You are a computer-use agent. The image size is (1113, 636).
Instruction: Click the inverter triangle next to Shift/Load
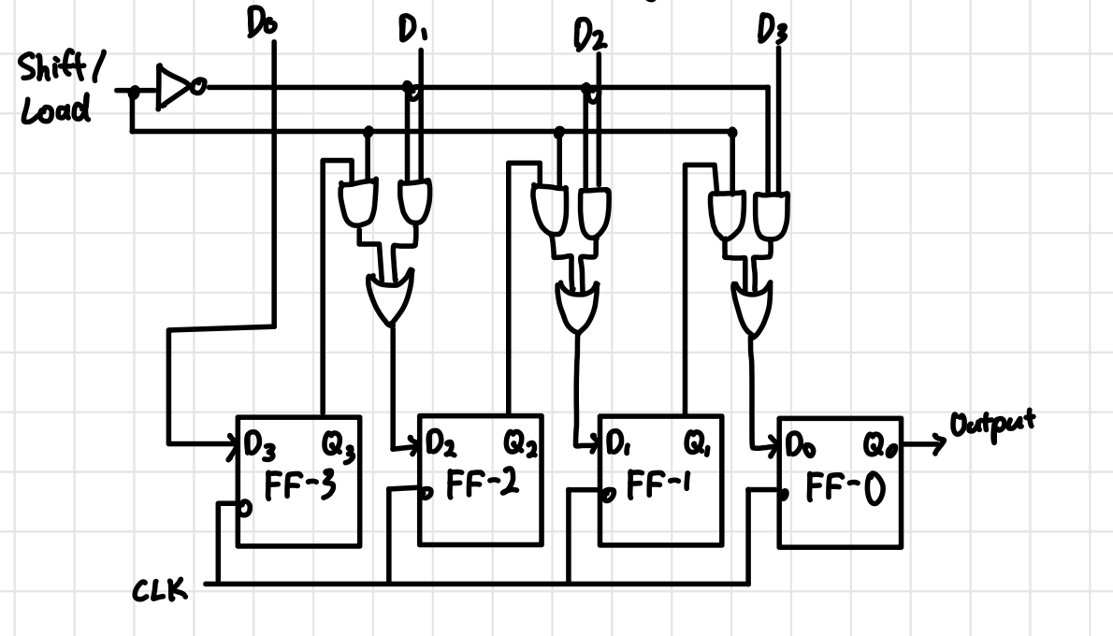[x=173, y=88]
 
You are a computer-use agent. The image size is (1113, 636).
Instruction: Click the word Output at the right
[x=992, y=424]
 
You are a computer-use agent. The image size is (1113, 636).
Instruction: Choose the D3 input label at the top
[x=772, y=32]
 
